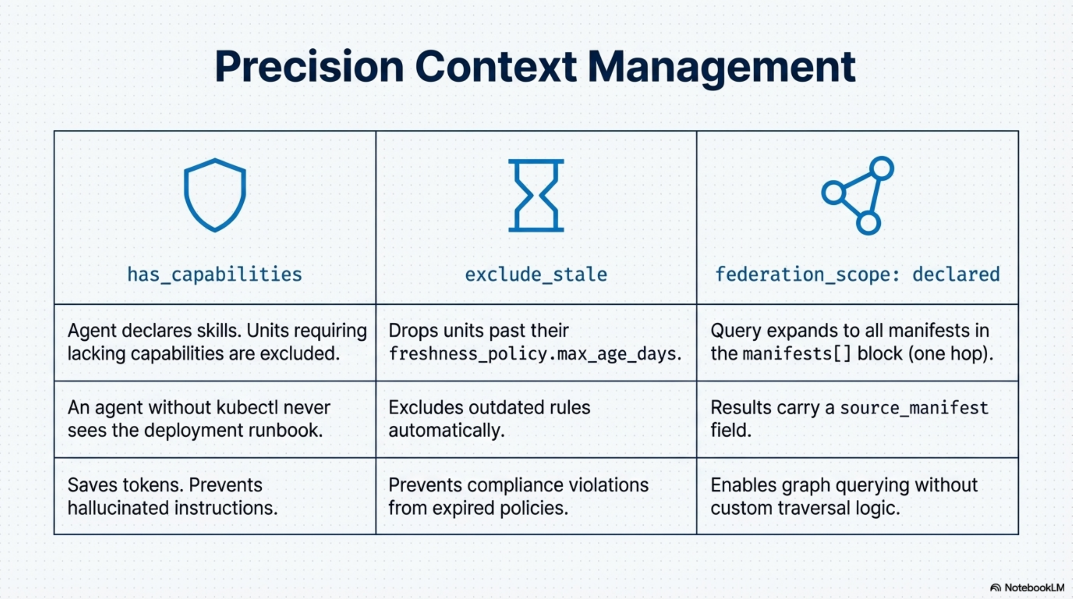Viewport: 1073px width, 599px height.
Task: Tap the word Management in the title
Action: pos(721,67)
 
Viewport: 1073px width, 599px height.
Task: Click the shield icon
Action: pos(215,195)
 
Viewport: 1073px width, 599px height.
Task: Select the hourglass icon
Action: pos(536,195)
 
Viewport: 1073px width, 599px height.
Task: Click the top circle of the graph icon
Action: pos(881,168)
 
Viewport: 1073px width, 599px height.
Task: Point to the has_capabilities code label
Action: pos(214,274)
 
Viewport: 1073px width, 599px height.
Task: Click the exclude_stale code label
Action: pos(536,274)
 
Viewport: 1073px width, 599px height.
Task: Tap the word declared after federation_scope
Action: pos(956,274)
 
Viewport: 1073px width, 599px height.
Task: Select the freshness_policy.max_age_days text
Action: pos(534,354)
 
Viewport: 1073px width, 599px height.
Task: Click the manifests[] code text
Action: pos(797,354)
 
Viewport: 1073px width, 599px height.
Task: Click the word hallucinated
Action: pos(118,508)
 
